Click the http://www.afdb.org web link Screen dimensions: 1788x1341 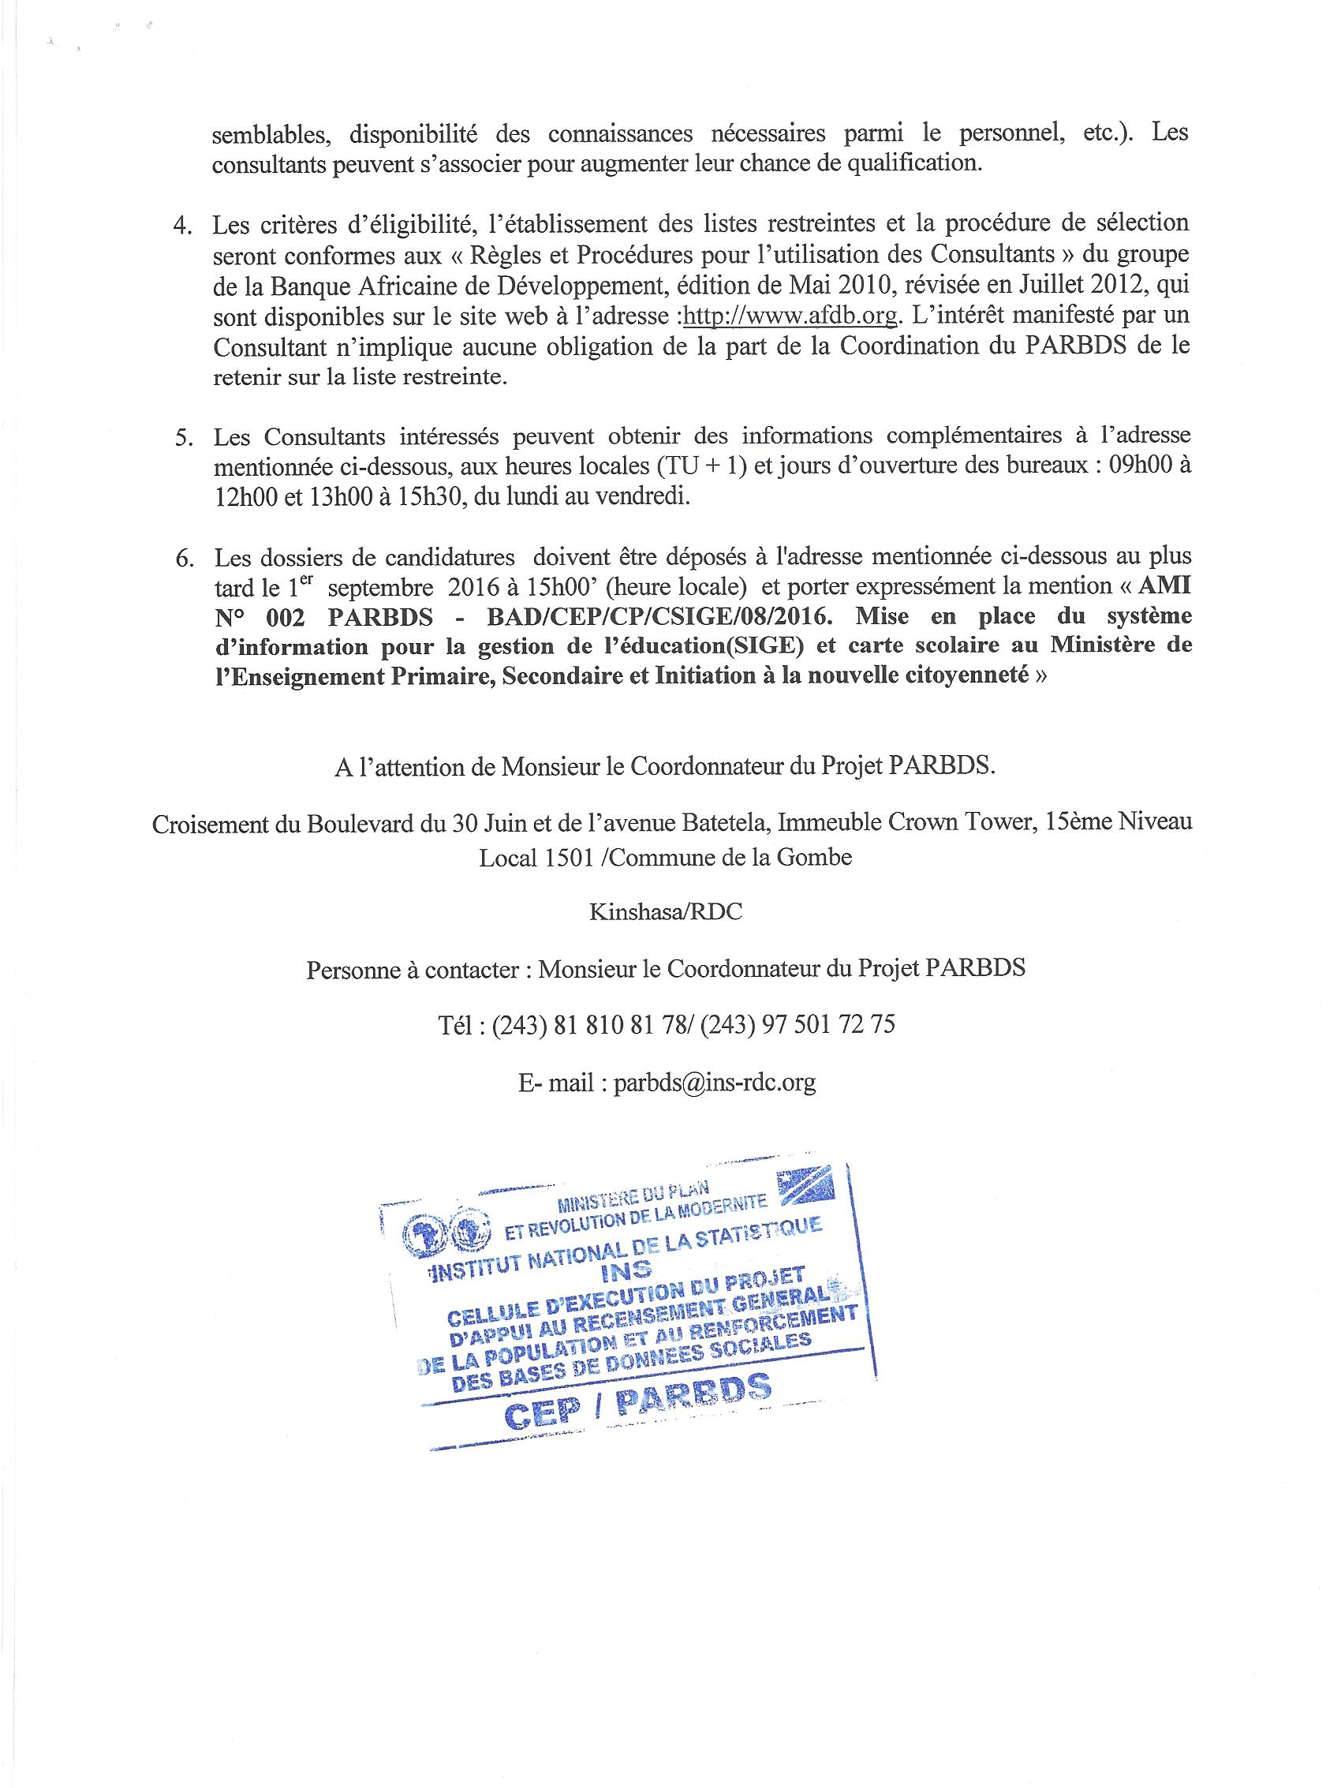coord(790,316)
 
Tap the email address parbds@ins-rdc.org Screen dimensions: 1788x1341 coord(715,1083)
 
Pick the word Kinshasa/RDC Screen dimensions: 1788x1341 coord(665,912)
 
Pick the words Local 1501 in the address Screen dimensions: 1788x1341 coord(536,858)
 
